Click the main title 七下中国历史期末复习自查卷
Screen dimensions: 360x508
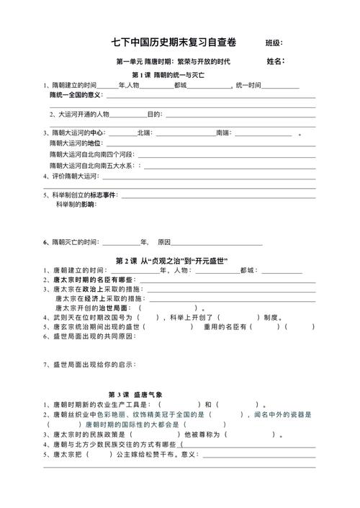pyautogui.click(x=178, y=43)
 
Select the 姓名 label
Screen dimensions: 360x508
pyautogui.click(x=276, y=61)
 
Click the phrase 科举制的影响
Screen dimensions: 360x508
pyautogui.click(x=76, y=205)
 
